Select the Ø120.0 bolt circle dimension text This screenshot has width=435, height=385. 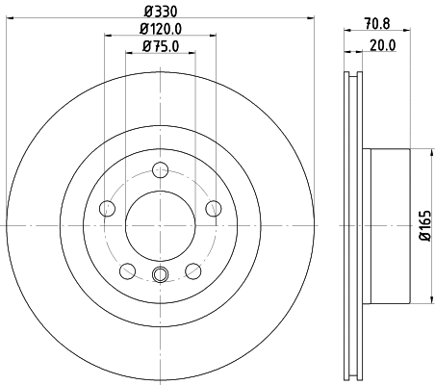click(x=161, y=28)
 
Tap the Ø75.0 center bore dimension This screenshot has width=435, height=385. click(x=161, y=45)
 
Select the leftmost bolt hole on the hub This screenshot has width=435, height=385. click(x=108, y=209)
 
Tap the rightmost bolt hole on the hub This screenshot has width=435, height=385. click(x=214, y=209)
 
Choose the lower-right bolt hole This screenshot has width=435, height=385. click(x=193, y=269)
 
